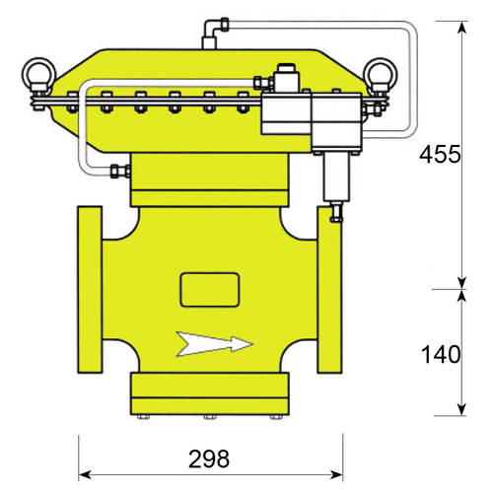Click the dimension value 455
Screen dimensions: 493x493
click(x=440, y=154)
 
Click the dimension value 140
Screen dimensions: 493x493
click(x=441, y=355)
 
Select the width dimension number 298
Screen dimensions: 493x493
click(x=209, y=458)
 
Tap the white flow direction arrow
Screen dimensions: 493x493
click(x=214, y=344)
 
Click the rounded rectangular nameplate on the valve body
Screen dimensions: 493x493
click(x=210, y=290)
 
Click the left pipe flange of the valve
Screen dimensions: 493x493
click(x=90, y=290)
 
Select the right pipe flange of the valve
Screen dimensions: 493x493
click(x=329, y=290)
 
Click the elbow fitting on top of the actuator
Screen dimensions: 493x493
click(x=213, y=31)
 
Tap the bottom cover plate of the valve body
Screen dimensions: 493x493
click(x=210, y=393)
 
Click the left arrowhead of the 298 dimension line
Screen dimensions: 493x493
click(x=85, y=474)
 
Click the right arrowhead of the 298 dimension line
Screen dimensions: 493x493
click(x=336, y=474)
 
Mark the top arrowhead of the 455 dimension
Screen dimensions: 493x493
click(x=462, y=28)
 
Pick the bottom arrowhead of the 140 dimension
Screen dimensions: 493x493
click(x=462, y=409)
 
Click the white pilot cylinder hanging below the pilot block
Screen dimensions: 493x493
click(x=337, y=176)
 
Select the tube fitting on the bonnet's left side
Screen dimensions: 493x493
click(x=120, y=172)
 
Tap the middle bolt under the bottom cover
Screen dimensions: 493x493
click(x=210, y=417)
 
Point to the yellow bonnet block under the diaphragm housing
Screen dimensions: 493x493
click(x=210, y=179)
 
